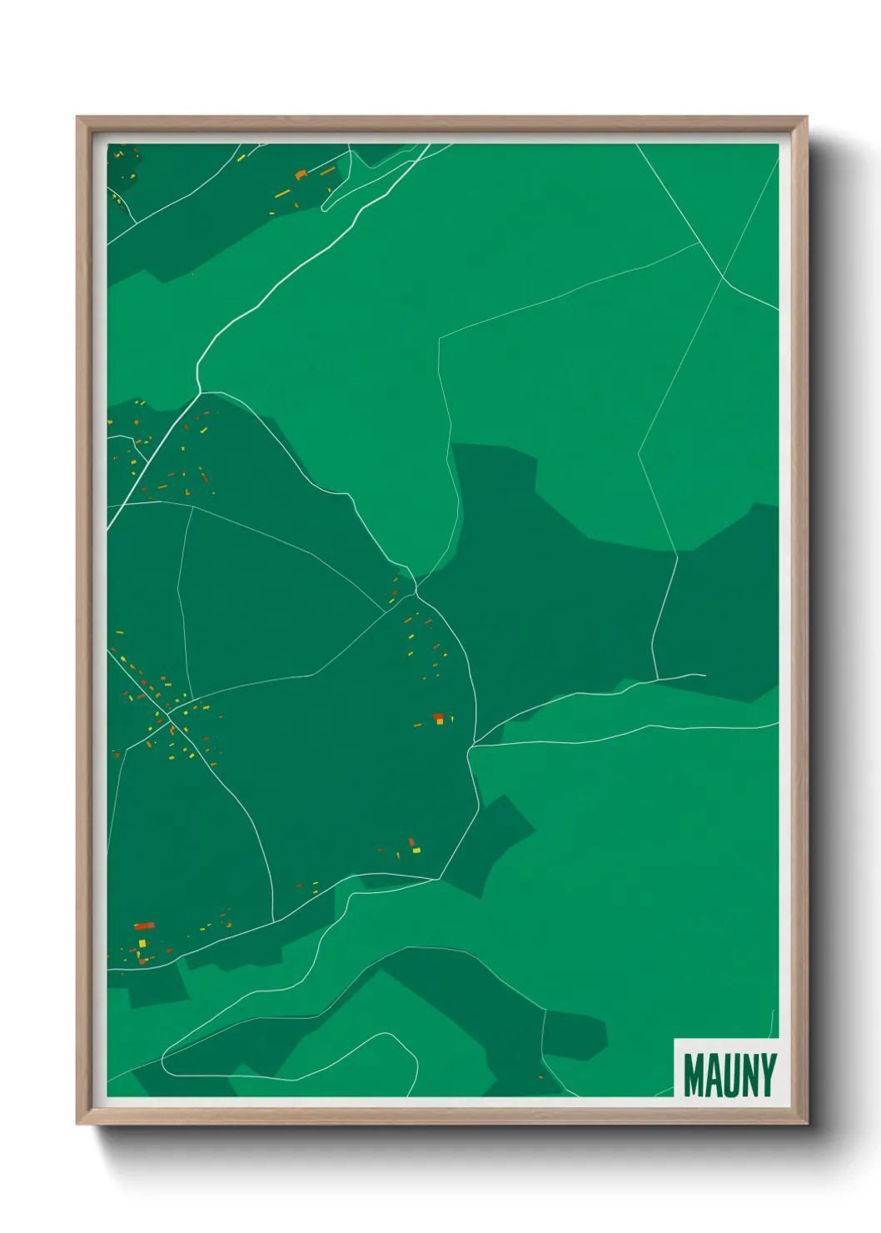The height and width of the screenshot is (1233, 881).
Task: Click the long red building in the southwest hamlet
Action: (144, 926)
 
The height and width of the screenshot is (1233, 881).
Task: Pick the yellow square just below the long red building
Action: (142, 943)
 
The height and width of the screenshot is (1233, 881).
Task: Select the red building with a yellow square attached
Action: (438, 717)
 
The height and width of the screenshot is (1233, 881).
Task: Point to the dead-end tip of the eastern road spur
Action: (704, 675)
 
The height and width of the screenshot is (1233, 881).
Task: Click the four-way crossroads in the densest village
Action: (169, 713)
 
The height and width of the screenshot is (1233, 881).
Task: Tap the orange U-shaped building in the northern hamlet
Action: (301, 175)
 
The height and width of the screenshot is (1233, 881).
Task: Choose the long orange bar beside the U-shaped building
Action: (328, 171)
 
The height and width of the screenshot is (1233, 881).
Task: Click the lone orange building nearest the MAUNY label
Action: (540, 1077)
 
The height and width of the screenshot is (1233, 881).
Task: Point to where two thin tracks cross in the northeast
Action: (723, 276)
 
